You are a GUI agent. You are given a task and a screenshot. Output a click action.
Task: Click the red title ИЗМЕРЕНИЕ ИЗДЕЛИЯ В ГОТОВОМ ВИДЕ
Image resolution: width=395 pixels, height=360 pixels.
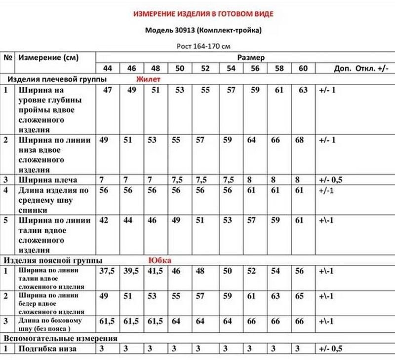click(x=203, y=14)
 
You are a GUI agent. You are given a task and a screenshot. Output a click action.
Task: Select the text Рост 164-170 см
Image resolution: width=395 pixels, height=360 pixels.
click(x=203, y=47)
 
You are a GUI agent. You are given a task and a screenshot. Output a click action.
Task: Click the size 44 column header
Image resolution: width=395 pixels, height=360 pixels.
click(x=108, y=68)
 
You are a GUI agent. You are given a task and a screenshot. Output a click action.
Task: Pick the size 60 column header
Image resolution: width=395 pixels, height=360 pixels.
click(x=303, y=68)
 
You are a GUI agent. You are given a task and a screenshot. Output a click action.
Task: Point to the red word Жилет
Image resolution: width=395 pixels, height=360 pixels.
click(x=149, y=79)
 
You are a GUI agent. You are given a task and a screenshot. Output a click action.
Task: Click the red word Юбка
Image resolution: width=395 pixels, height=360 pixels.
click(x=159, y=260)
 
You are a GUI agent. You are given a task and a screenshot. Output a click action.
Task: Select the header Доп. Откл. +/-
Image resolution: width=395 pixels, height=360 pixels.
click(x=354, y=68)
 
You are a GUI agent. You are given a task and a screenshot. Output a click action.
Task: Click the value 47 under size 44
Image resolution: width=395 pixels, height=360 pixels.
click(x=108, y=90)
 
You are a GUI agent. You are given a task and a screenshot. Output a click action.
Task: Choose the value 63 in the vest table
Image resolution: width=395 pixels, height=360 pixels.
click(x=303, y=90)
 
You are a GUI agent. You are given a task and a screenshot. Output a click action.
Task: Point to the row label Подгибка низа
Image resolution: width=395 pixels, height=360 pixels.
click(x=47, y=349)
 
